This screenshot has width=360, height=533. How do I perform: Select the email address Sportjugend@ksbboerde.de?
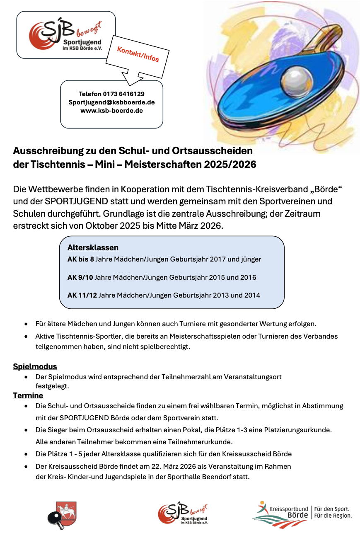[x=111, y=102]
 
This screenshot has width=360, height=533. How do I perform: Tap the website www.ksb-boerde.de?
[x=111, y=111]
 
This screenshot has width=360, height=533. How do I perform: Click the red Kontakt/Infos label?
[x=138, y=54]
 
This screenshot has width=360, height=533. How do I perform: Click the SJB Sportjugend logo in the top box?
[x=65, y=35]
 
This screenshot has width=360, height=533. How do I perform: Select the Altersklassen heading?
[x=93, y=247]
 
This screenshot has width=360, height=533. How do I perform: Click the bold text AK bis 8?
[x=80, y=259]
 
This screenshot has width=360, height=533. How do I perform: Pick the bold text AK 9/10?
[x=80, y=277]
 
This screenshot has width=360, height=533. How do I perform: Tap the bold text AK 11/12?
[x=82, y=295]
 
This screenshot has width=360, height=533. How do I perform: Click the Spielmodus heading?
[x=35, y=366]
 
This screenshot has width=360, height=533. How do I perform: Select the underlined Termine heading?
[x=28, y=396]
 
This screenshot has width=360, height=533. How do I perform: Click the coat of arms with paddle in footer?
[x=61, y=515]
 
